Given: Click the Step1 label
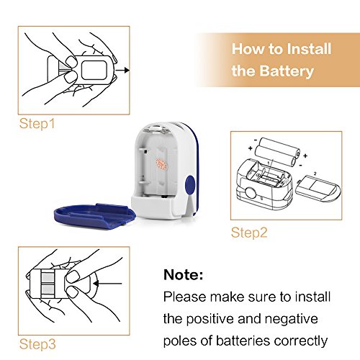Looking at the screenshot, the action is point(37,124).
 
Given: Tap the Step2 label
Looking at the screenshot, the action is point(249,233).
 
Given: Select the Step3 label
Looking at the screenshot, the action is point(37,344).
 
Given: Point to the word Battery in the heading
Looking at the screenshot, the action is point(287,71).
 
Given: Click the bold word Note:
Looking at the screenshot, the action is point(183,274).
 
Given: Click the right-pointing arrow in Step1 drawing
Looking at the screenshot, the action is point(122,71).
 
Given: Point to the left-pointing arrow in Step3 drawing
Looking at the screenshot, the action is point(108,284).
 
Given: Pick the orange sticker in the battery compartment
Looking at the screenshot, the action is point(161,164).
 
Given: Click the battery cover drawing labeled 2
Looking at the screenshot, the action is point(318,189).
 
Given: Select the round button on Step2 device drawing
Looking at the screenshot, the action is point(251,193).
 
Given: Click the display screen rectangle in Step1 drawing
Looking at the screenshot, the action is point(94,70).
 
